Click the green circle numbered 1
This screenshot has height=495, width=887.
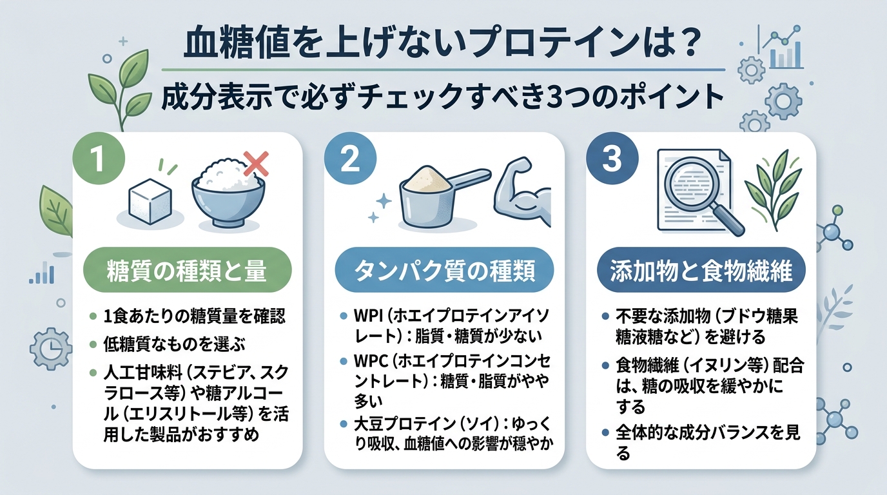tap(99, 160)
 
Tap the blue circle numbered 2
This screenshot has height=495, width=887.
tap(350, 160)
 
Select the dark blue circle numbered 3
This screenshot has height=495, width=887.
tap(612, 160)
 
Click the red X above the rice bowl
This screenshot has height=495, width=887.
tap(256, 164)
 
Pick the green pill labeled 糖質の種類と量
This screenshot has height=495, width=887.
tap(188, 270)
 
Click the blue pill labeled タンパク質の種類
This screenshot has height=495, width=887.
tap(444, 270)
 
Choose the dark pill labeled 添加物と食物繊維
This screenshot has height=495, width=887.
tap(701, 270)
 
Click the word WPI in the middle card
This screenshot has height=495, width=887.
tap(368, 316)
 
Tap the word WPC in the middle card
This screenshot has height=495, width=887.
tap(371, 361)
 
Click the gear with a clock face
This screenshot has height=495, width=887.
tap(51, 349)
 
